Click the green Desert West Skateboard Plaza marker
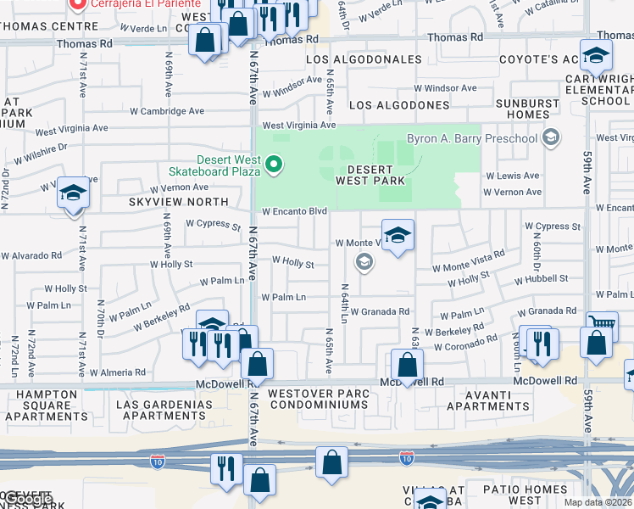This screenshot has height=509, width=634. tap(274, 165)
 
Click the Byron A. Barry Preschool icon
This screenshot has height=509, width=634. tap(552, 137)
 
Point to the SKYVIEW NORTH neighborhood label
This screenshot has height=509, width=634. tap(179, 202)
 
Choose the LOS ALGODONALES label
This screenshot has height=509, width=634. tap(364, 59)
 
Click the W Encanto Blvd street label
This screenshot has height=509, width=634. tap(294, 211)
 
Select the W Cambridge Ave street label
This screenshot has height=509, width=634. tap(167, 110)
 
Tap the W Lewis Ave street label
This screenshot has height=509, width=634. tap(512, 176)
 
